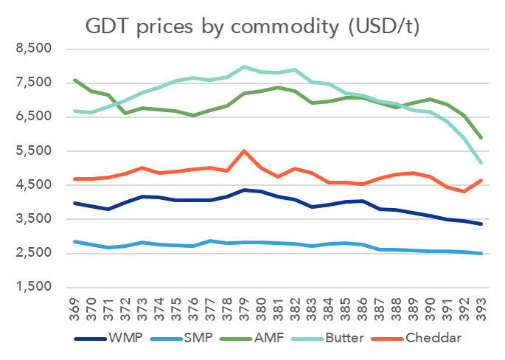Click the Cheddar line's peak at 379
(x=244, y=151)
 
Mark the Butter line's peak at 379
(x=244, y=67)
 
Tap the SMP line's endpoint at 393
(x=481, y=253)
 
